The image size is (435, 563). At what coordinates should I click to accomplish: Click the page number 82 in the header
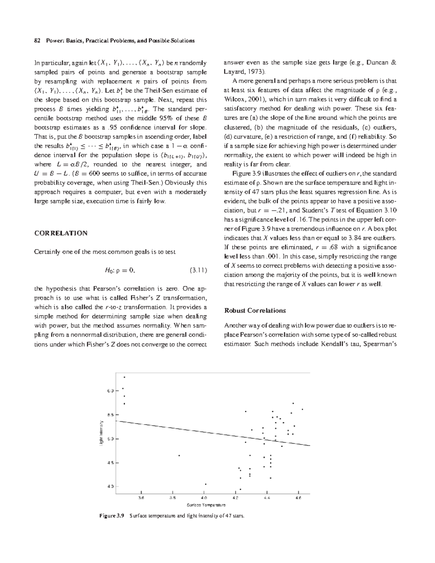pos(37,41)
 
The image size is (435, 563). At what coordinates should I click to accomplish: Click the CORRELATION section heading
pos(61,233)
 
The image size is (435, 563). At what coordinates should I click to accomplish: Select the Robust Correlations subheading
pos(255,310)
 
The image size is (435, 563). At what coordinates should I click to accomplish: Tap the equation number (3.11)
pos(198,270)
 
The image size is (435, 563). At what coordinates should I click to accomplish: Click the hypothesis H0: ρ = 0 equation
pos(120,270)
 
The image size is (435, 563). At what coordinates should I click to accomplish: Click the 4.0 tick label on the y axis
pos(110,487)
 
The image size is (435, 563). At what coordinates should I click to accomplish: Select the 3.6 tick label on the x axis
pos(141,498)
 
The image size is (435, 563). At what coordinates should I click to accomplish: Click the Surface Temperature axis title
pos(206,505)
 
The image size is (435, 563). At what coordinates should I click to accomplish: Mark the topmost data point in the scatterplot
pos(124,377)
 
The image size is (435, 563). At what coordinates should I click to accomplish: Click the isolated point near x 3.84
pos(179,455)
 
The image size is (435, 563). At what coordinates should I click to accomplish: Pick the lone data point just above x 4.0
pos(206,484)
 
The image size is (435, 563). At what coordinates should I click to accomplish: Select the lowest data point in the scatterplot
pos(240,489)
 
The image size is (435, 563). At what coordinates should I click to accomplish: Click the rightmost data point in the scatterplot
pos(302,409)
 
